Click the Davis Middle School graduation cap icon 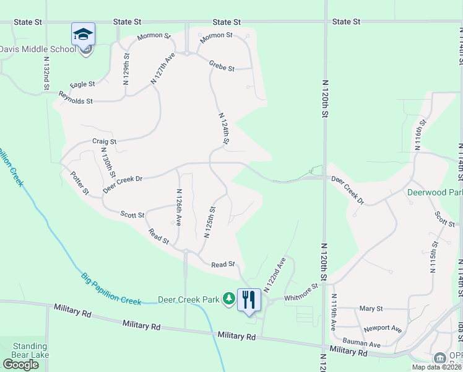click(84, 34)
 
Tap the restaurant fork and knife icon click(249, 299)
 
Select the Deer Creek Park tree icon click(229, 299)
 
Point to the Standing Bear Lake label click(30, 351)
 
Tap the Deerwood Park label click(435, 192)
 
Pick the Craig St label click(105, 141)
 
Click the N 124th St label click(224, 130)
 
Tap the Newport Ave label click(383, 328)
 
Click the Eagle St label click(83, 84)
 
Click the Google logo click(21, 365)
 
